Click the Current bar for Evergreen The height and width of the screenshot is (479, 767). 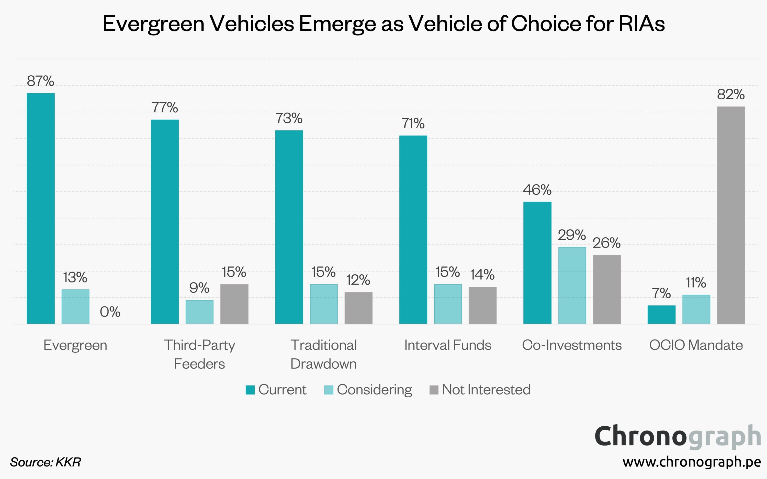[41, 208]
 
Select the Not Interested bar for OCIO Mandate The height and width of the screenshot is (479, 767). [731, 215]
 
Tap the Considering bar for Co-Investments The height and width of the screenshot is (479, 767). [572, 285]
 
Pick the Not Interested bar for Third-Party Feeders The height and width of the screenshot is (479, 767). [234, 304]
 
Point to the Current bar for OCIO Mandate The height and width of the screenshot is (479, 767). [661, 314]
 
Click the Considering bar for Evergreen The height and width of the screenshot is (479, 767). [75, 306]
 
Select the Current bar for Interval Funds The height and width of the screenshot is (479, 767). [413, 229]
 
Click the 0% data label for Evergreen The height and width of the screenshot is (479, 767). [110, 312]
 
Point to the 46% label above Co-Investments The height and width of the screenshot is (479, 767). [537, 190]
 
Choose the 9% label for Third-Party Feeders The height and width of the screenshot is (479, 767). [199, 288]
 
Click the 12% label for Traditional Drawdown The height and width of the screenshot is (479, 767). [358, 280]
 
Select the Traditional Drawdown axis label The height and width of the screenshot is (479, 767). [324, 354]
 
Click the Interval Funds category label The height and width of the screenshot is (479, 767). [447, 345]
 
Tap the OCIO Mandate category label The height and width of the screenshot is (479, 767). [696, 345]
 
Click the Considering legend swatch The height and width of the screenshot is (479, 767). [329, 390]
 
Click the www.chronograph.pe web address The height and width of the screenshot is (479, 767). [692, 462]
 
